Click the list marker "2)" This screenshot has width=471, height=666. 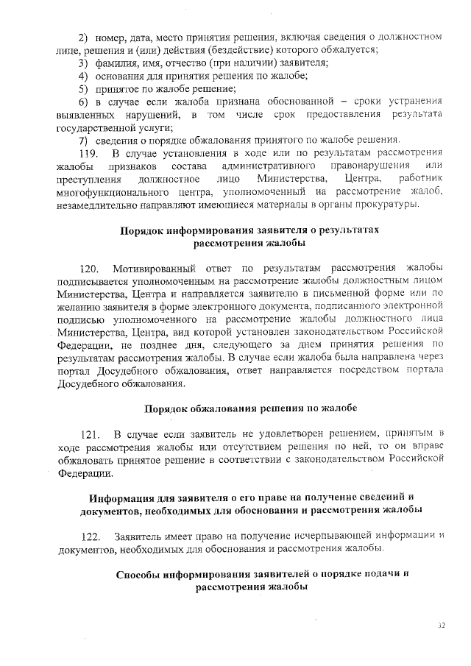[83, 36]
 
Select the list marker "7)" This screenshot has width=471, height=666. [83, 140]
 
